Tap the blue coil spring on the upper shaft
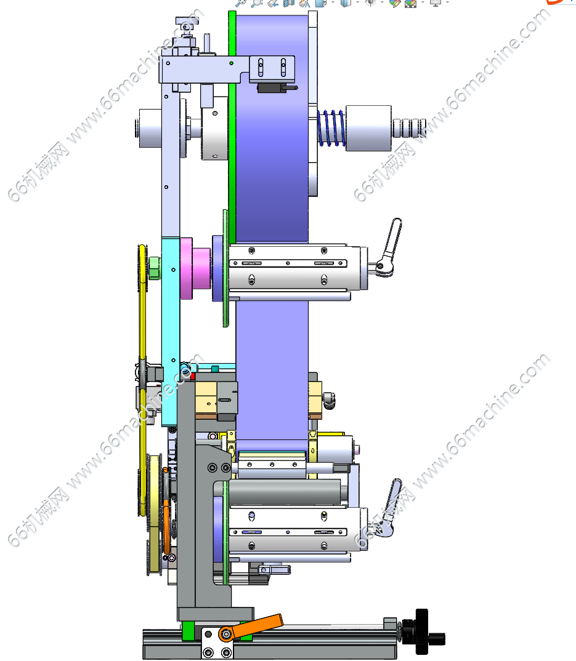click(331, 128)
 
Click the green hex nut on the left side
click(155, 268)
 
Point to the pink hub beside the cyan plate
click(195, 268)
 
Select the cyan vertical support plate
click(171, 331)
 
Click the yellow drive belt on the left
click(143, 379)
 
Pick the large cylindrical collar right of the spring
click(368, 128)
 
